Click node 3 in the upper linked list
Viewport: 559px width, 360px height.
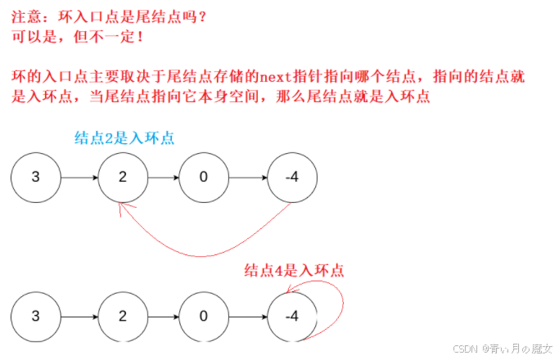[36, 178]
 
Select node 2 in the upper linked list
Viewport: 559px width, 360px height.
[122, 178]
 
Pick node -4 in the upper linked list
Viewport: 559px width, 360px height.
[291, 178]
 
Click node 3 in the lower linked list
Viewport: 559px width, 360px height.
[36, 316]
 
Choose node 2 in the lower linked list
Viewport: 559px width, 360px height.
[122, 316]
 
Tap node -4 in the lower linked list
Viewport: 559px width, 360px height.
[291, 316]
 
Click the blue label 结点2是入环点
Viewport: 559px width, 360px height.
[124, 138]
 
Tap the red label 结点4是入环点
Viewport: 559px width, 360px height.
[294, 271]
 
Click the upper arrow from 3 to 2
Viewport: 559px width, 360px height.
[79, 178]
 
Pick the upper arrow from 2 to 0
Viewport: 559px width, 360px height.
[164, 178]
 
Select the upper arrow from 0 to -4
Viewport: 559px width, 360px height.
[248, 178]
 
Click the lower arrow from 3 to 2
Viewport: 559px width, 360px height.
[79, 316]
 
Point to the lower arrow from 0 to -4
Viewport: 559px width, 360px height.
[248, 316]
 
